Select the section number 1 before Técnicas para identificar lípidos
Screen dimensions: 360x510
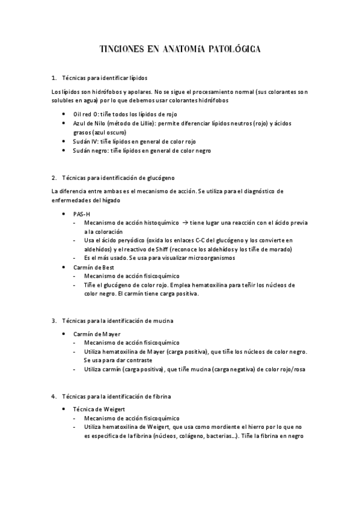[x=53, y=78]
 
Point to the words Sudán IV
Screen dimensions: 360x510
[x=85, y=141]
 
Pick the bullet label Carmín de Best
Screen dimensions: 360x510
[x=93, y=267]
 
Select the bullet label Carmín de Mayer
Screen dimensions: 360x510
[x=96, y=333]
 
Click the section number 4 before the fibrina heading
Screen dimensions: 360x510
[x=53, y=396]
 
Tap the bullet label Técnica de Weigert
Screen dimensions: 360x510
[x=99, y=408]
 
